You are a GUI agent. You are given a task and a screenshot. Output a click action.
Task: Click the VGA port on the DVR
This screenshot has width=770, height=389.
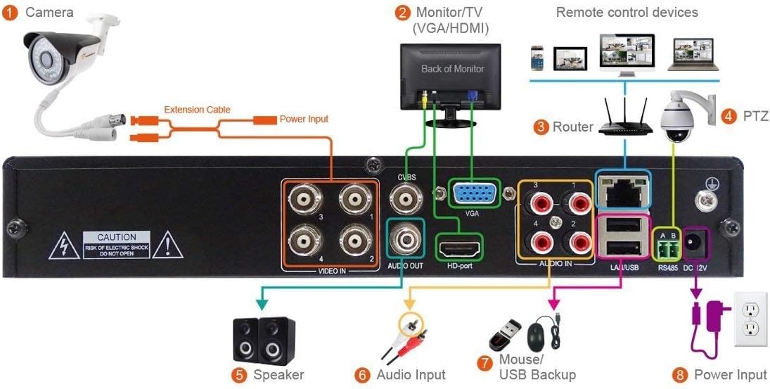[x=472, y=193]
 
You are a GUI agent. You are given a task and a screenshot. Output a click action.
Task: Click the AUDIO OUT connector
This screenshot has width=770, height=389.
[x=405, y=241]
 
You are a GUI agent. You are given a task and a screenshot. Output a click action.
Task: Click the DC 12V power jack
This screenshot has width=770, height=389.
[x=696, y=244]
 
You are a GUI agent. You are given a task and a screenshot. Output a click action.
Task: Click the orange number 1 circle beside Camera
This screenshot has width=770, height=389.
[x=10, y=13]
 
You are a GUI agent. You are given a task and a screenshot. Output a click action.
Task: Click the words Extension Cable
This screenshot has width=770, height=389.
[x=197, y=110]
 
